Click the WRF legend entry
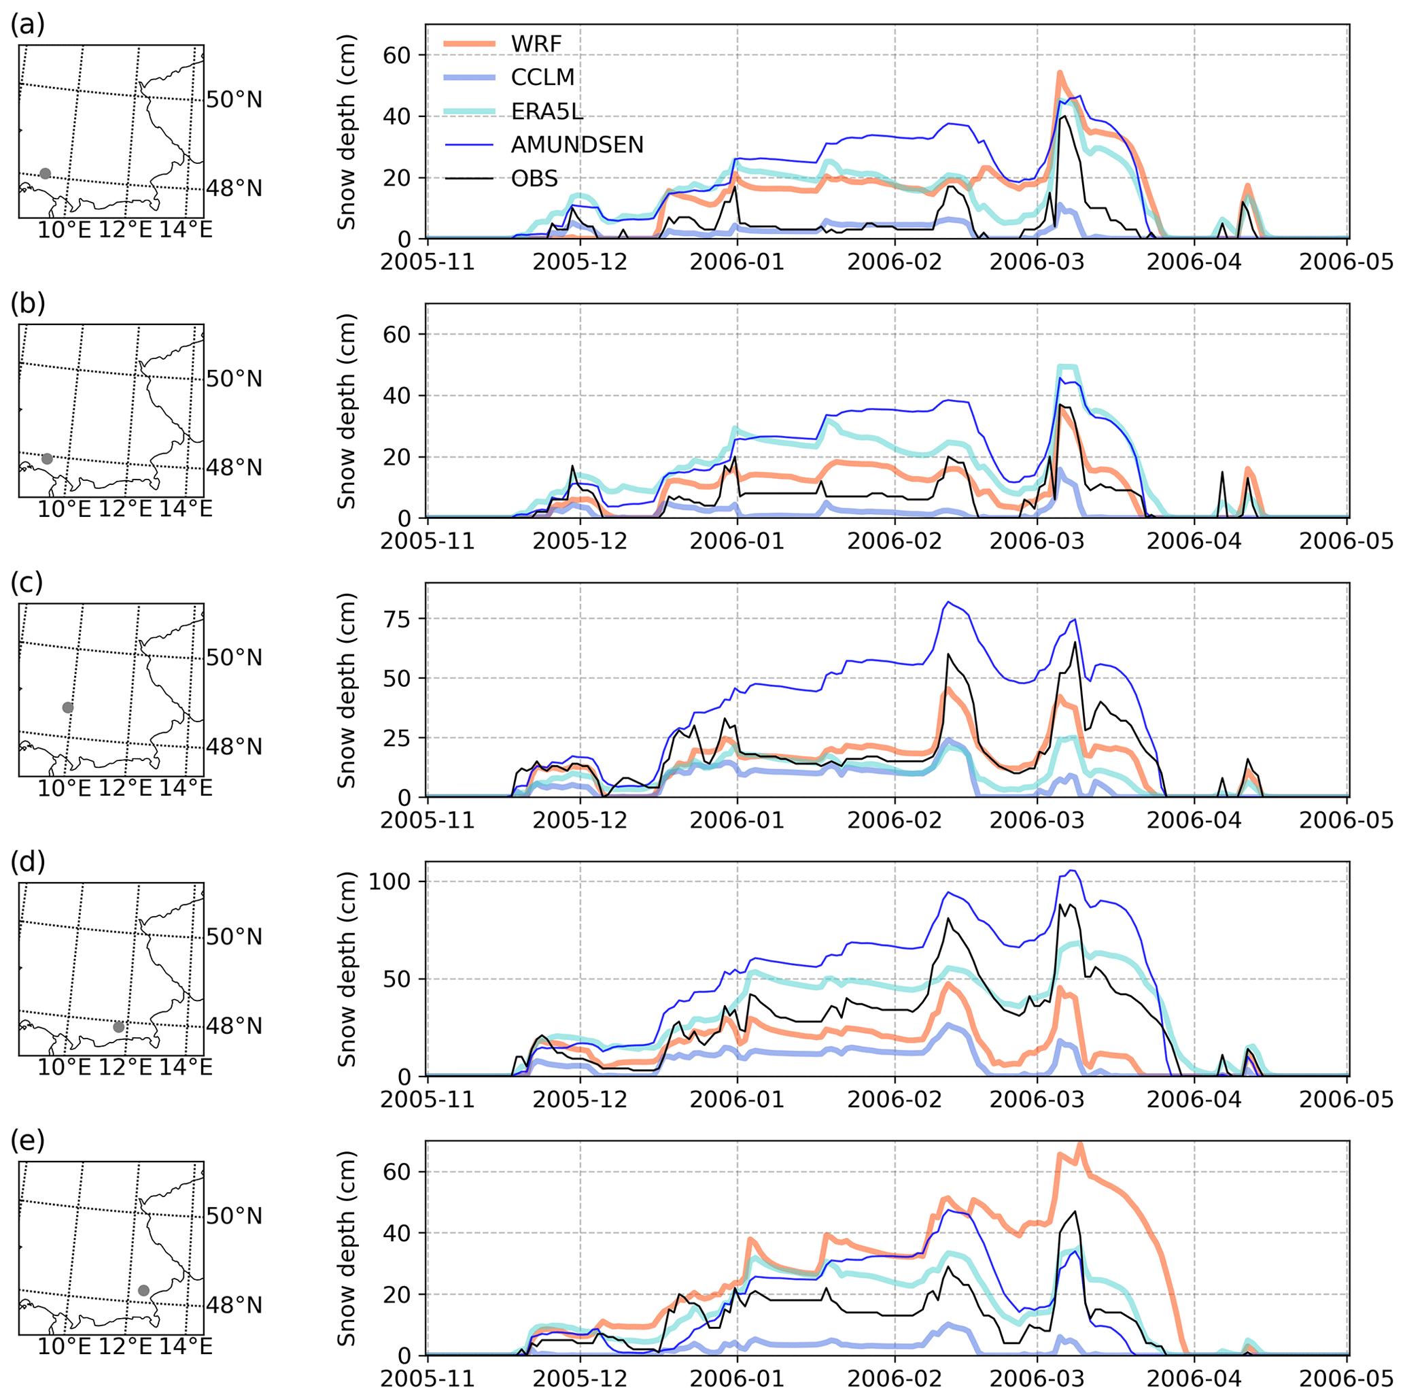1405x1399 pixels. (x=536, y=44)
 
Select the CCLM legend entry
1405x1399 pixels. (x=542, y=77)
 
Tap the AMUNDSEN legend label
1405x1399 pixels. (x=576, y=145)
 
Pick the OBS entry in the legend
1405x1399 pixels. (x=534, y=178)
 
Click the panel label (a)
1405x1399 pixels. (x=28, y=24)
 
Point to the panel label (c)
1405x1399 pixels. (x=27, y=583)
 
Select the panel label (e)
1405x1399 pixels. (x=28, y=1141)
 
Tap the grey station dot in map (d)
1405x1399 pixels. (x=118, y=1026)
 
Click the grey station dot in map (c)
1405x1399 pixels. (x=67, y=707)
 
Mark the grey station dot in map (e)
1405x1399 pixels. (x=143, y=1290)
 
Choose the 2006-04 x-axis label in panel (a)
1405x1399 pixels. (x=1194, y=262)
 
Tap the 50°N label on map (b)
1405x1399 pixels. (x=234, y=379)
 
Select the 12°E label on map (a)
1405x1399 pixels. (x=125, y=230)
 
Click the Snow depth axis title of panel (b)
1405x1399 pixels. (x=347, y=411)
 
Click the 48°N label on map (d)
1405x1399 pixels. (x=234, y=1026)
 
